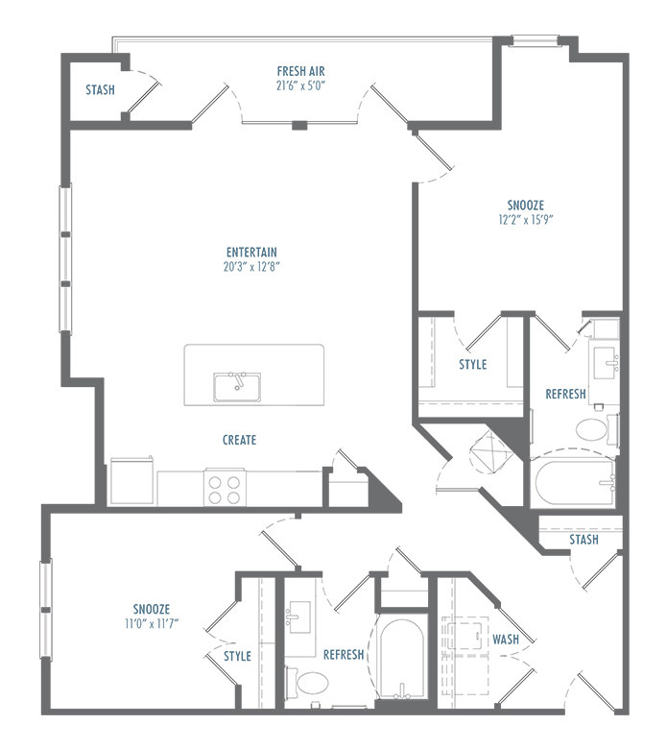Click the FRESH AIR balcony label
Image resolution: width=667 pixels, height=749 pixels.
click(x=300, y=72)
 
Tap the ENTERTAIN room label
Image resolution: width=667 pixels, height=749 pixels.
click(x=251, y=253)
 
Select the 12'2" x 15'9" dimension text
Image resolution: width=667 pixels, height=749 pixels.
click(x=526, y=220)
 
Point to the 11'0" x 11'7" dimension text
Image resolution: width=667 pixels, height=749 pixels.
click(x=152, y=623)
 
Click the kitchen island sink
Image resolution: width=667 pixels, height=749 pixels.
click(x=237, y=387)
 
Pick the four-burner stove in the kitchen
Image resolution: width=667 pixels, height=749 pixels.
click(x=225, y=487)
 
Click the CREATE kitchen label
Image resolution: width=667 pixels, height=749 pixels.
click(x=239, y=440)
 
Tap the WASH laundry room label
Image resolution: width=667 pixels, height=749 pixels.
click(x=506, y=640)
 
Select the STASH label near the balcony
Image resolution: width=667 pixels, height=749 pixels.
click(x=100, y=90)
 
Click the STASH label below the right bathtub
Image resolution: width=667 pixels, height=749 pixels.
click(x=584, y=540)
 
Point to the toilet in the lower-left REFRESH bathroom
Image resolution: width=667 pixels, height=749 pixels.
click(x=308, y=682)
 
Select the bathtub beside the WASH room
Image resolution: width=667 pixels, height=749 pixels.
click(x=401, y=658)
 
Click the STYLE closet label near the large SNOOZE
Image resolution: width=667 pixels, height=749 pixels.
click(x=473, y=365)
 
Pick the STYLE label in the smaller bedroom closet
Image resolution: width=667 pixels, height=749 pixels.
click(x=237, y=656)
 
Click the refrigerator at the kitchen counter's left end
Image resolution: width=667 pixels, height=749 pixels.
click(x=131, y=481)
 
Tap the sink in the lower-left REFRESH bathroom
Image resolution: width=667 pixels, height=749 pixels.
click(x=299, y=617)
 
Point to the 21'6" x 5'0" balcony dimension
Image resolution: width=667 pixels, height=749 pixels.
click(x=300, y=86)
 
